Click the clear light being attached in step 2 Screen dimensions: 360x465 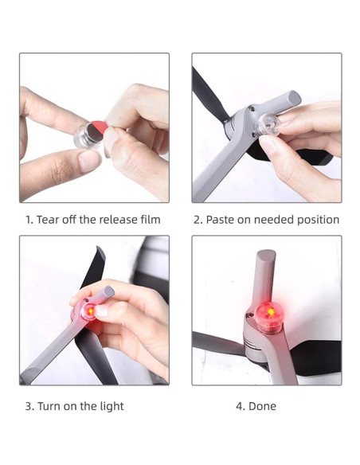click(x=268, y=124)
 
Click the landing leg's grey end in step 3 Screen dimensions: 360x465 click(x=108, y=291)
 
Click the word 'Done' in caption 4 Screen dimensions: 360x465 click(x=262, y=406)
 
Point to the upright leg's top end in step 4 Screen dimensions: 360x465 click(x=266, y=253)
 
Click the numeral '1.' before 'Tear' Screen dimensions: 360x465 click(x=29, y=220)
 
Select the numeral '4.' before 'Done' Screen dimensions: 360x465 click(x=241, y=406)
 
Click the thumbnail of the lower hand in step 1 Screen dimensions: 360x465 click(x=89, y=160)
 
